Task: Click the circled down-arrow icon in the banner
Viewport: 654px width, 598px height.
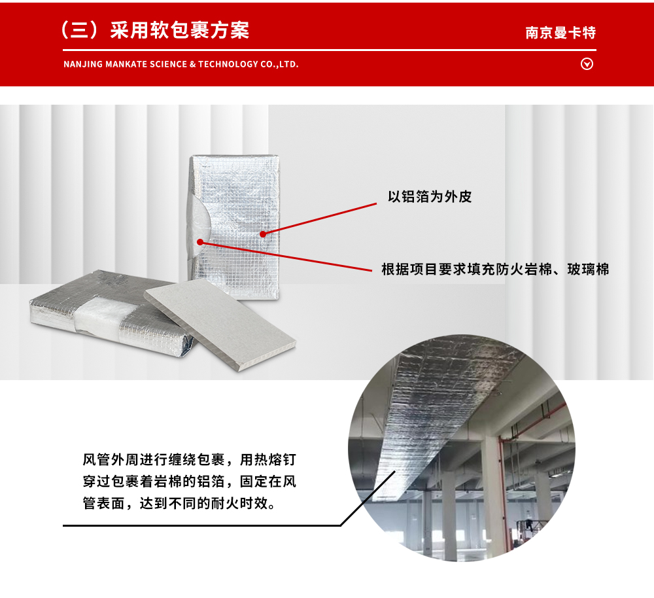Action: tap(587, 64)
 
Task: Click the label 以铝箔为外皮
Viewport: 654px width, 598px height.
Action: tap(430, 197)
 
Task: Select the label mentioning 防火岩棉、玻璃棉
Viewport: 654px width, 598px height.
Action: tap(495, 269)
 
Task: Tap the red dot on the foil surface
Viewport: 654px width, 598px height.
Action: tap(262, 234)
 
